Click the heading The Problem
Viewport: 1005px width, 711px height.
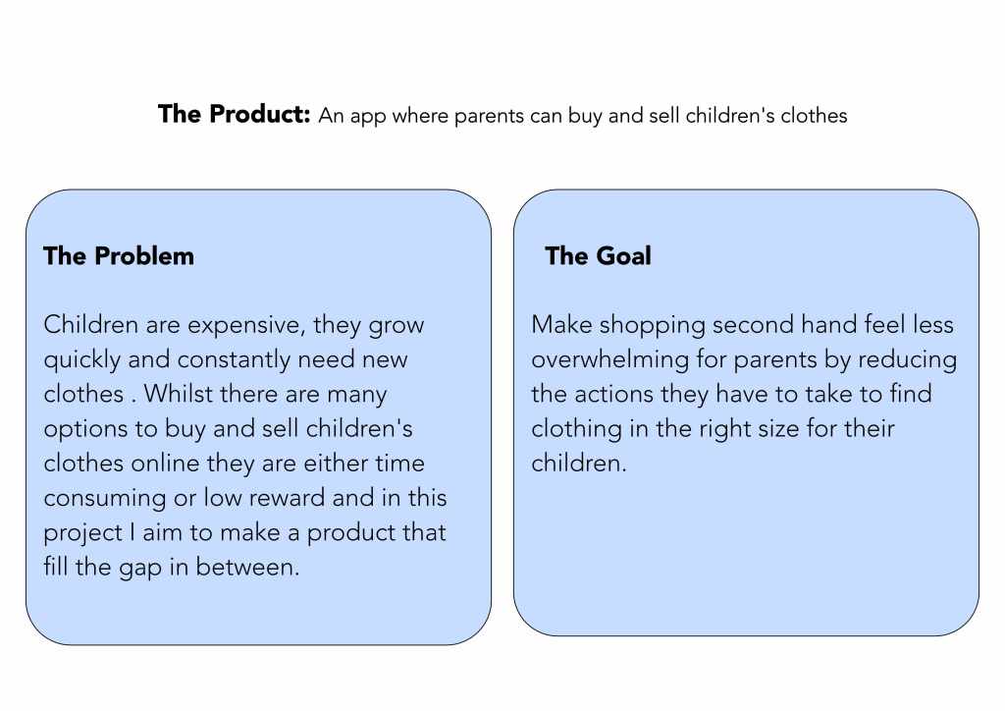[x=119, y=255]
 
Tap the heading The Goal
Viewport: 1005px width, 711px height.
[x=598, y=255]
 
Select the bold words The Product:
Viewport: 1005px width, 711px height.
[x=235, y=114]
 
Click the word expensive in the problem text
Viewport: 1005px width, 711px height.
[x=243, y=326]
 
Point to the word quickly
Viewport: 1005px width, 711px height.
[x=82, y=360]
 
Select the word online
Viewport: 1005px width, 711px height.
[x=165, y=463]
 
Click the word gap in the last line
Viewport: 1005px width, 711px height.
[x=139, y=568]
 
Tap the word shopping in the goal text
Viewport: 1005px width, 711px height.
[x=652, y=326]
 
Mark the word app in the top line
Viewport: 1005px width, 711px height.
[x=368, y=117]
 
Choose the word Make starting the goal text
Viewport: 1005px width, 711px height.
[x=561, y=324]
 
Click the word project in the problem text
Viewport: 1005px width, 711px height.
[x=83, y=533]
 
